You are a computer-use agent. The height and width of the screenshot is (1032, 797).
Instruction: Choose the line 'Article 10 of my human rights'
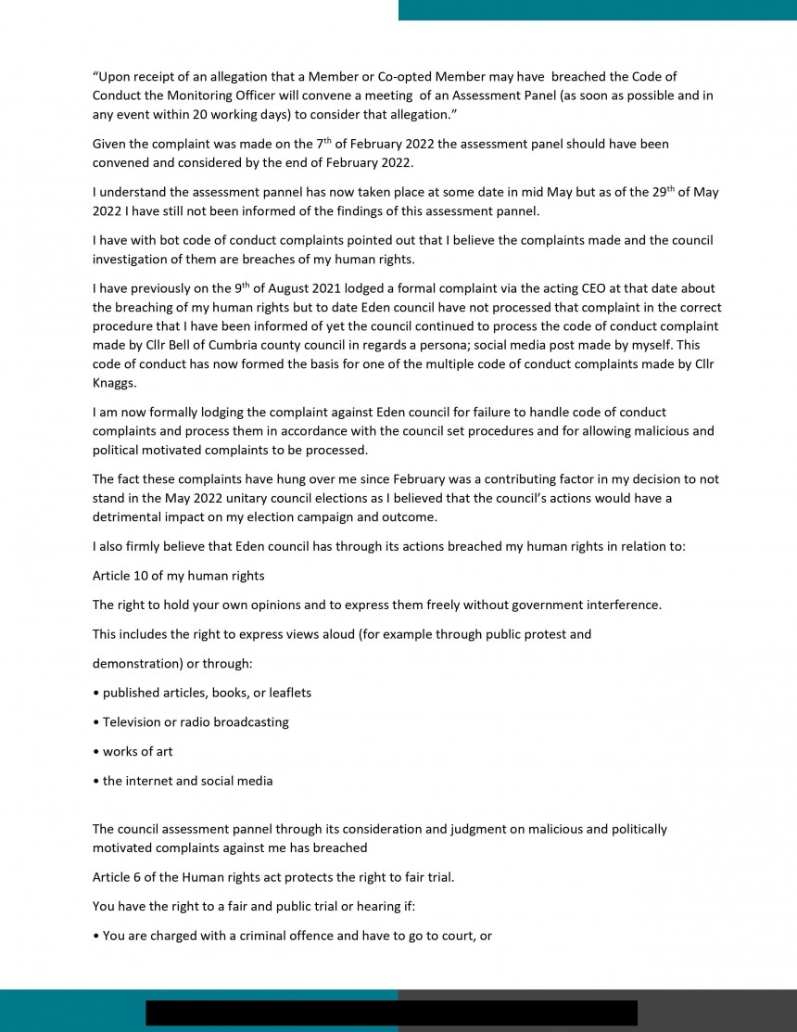click(x=178, y=576)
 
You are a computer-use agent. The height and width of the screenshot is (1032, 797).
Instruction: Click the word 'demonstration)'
click(x=134, y=664)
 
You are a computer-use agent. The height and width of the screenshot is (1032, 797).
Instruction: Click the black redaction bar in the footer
click(x=391, y=1013)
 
